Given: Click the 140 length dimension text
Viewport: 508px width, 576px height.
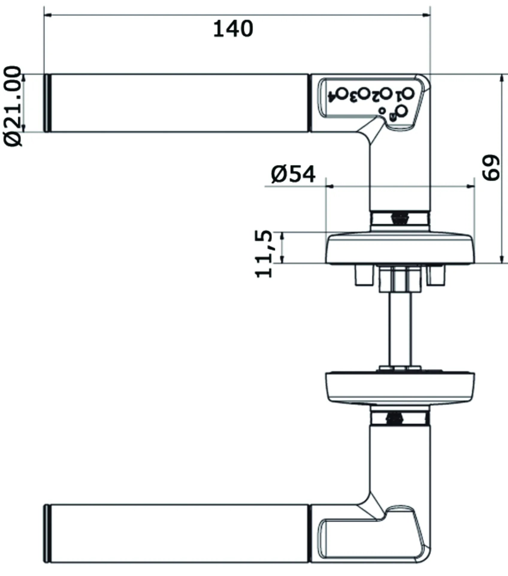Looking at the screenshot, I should [x=233, y=29].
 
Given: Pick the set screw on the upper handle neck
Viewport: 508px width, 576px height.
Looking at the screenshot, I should [x=400, y=218].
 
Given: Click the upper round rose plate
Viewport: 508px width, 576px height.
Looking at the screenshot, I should [x=400, y=248].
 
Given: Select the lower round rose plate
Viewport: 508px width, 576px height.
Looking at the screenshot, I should [x=400, y=387].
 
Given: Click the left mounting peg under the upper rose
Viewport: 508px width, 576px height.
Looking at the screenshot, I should [x=364, y=275].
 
